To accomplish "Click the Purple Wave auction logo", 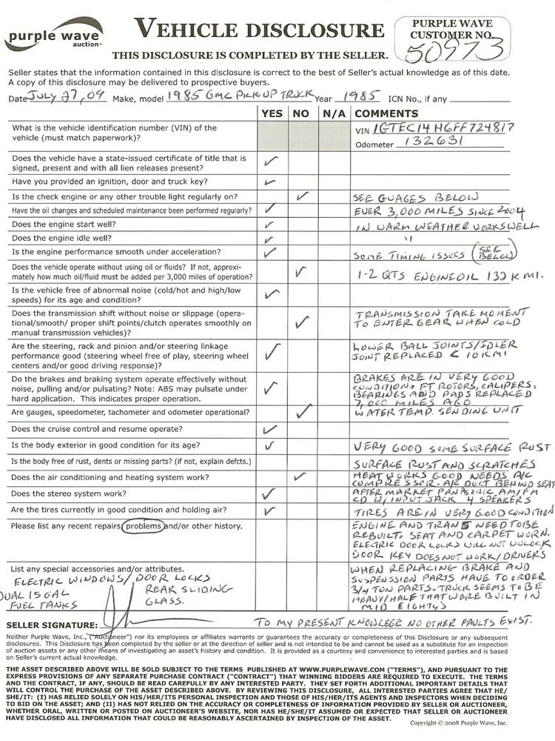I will (x=53, y=35).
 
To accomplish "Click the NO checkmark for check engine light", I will (x=300, y=196).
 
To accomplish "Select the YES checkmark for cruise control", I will (x=269, y=428).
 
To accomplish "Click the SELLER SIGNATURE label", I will (x=51, y=625).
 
